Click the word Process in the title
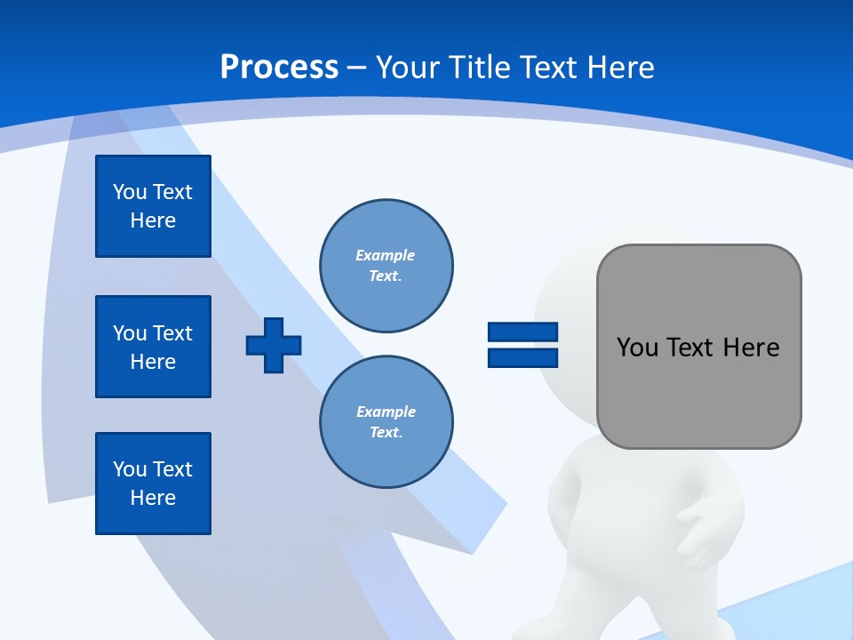coord(279,68)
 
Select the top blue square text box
coord(153,206)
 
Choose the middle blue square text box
coord(153,347)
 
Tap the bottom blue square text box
coord(153,484)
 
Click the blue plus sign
coord(274,346)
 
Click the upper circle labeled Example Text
coord(387,266)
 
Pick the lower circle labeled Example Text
coord(387,422)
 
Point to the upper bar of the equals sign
coord(522,332)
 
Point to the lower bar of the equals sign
coord(522,358)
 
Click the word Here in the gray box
coord(751,348)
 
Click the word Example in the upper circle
coord(385,255)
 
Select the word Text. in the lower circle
coord(386,433)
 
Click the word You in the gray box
coord(637,348)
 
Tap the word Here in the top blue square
coord(153,220)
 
